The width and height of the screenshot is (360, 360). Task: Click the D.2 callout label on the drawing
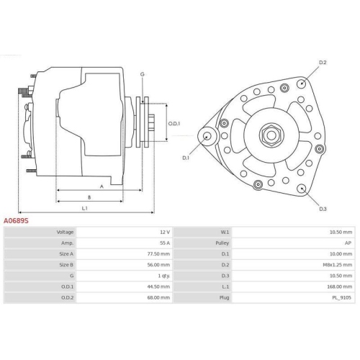pos(323,63)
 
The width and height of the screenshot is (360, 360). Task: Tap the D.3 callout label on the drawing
pos(323,209)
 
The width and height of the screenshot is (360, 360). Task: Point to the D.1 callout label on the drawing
pos(186,157)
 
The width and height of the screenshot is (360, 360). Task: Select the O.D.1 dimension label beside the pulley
pos(174,123)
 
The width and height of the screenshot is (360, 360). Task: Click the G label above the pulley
pos(142,74)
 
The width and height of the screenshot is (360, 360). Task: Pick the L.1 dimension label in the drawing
pos(85,208)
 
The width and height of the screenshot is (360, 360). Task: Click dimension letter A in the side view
pos(102,186)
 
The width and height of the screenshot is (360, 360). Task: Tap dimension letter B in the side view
pos(89,197)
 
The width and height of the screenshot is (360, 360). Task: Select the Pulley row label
pos(225,243)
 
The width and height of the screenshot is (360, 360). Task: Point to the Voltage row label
pos(66,233)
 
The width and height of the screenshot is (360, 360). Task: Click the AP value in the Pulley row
pos(348,243)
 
